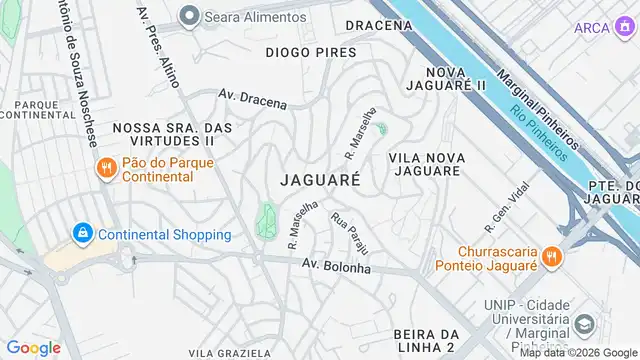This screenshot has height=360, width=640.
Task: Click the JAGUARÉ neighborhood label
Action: [x=320, y=181]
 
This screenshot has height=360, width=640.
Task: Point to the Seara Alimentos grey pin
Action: [x=189, y=16]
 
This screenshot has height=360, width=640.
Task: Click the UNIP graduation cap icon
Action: [x=584, y=326]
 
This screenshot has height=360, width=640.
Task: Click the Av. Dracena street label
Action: [x=253, y=99]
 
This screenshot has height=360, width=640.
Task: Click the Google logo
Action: [x=33, y=347]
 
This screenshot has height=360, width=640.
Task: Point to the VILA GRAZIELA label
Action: [x=229, y=353]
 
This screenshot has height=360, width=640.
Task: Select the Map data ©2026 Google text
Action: [x=579, y=353]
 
